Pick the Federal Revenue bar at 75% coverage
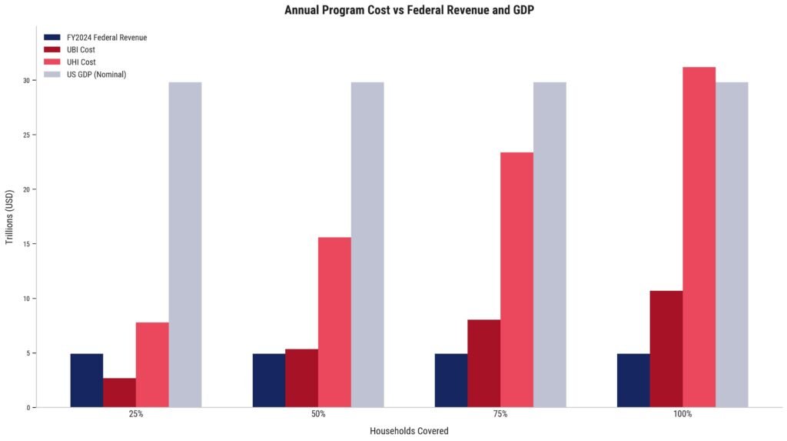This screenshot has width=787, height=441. (x=450, y=380)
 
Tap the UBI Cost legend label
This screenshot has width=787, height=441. (x=81, y=49)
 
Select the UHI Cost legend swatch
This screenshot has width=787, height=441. (x=52, y=62)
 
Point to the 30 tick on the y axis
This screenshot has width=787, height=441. (x=25, y=81)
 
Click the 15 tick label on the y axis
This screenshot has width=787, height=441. (x=25, y=244)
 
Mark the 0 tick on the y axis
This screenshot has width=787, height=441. (x=28, y=408)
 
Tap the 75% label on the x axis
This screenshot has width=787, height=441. (x=500, y=415)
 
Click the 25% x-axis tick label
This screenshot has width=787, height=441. (x=135, y=415)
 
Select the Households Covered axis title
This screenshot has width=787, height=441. (x=409, y=431)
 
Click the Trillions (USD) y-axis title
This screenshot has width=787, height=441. (x=9, y=218)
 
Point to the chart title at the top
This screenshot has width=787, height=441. (x=409, y=10)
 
